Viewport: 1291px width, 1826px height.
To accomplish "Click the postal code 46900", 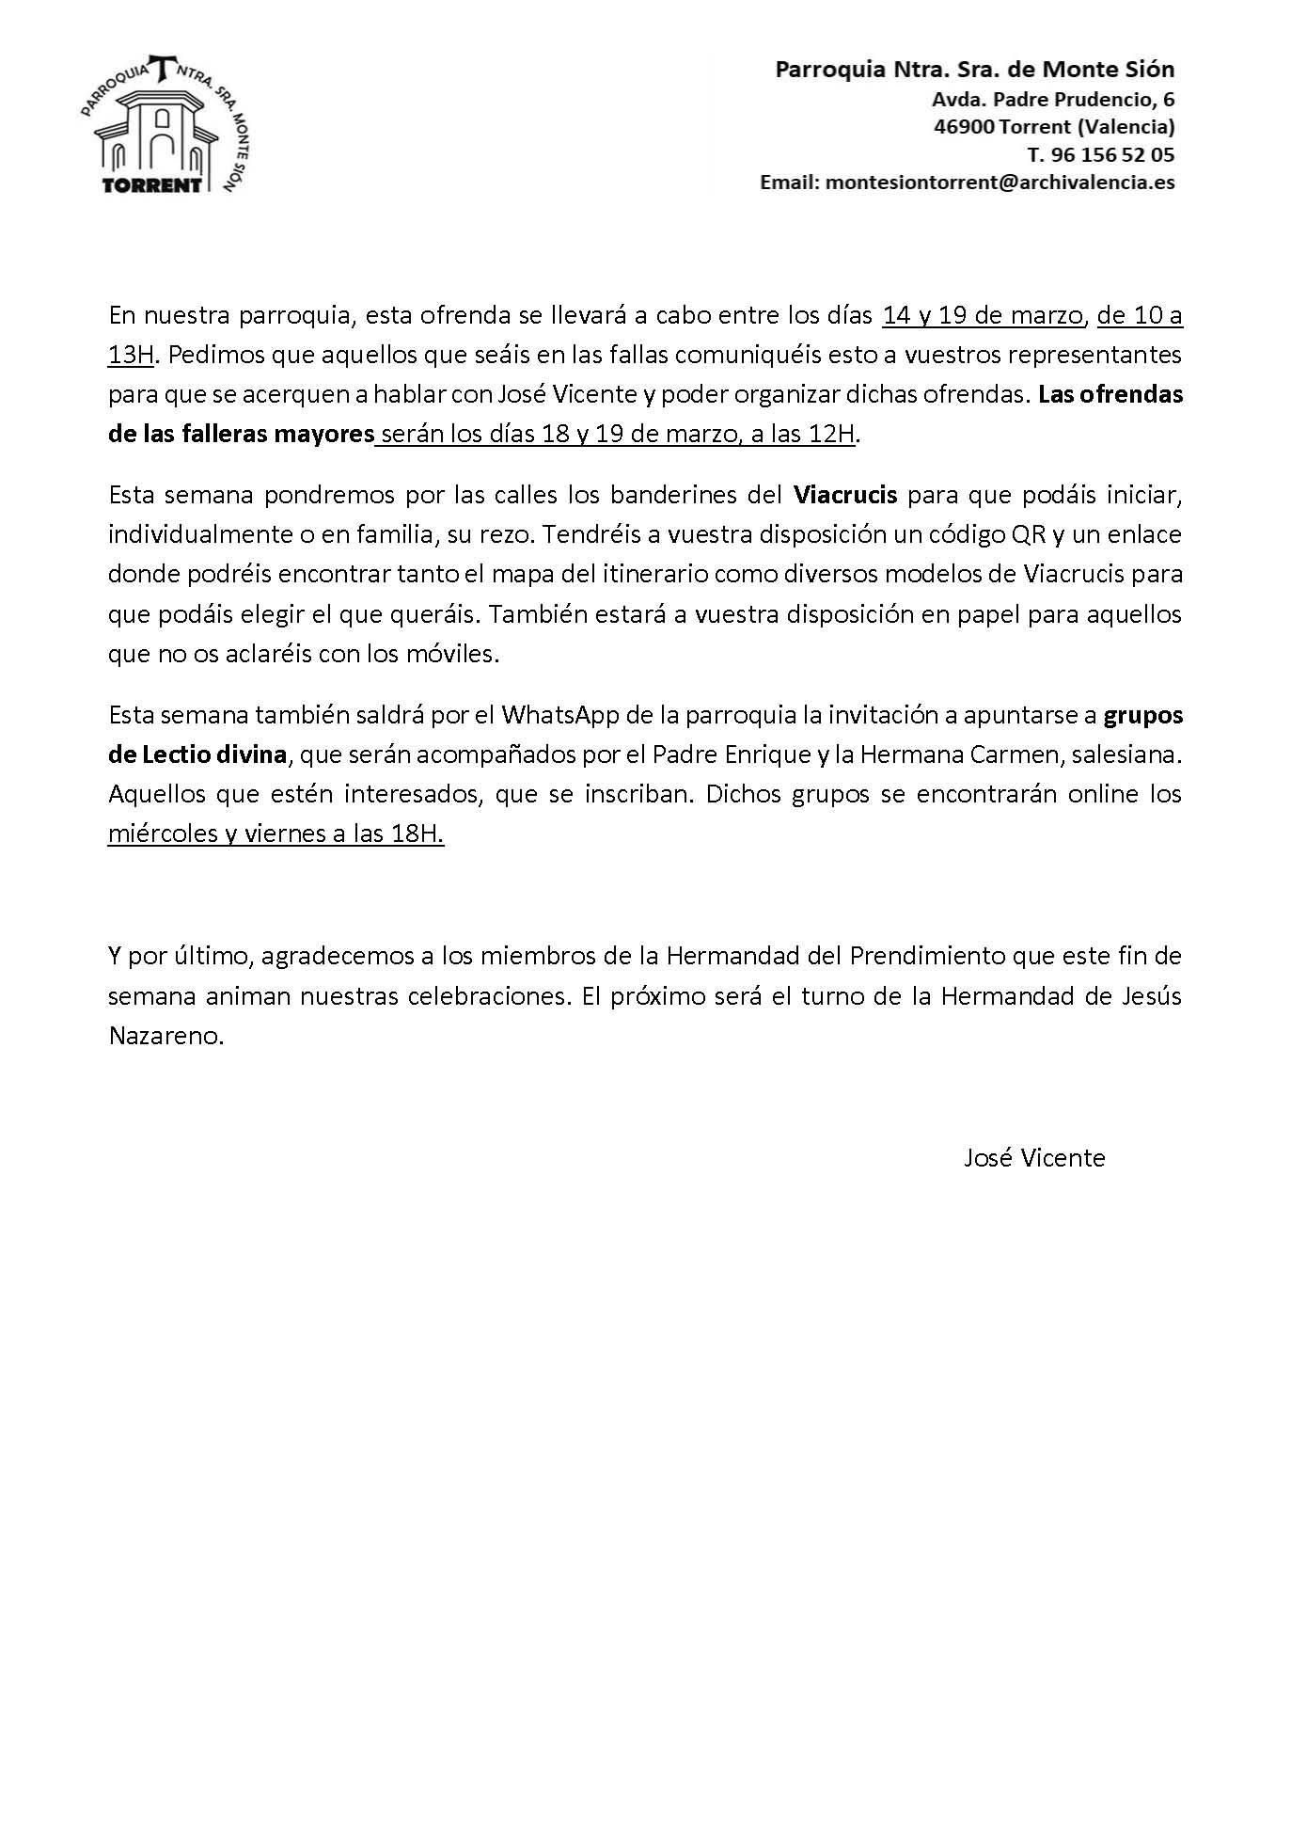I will (963, 126).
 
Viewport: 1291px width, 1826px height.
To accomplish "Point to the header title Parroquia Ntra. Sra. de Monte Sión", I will (974, 69).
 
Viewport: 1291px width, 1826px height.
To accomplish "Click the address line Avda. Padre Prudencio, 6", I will (1053, 99).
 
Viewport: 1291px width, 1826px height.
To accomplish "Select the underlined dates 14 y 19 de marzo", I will (983, 315).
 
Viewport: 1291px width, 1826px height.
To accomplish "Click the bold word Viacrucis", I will (845, 494).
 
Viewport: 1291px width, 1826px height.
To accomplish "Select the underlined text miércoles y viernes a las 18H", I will (276, 834).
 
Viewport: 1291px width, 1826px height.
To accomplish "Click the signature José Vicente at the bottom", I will (1033, 1157).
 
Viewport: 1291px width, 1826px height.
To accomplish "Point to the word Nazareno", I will (165, 1036).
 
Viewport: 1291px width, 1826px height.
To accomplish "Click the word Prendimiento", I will (927, 956).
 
